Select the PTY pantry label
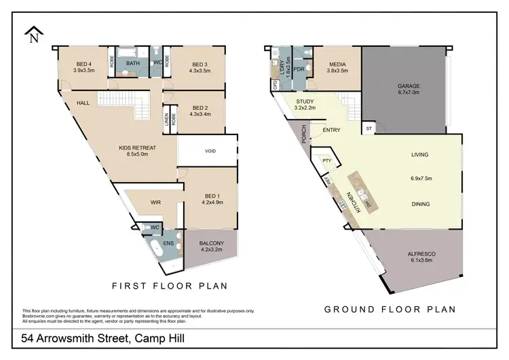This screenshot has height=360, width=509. click(326, 161)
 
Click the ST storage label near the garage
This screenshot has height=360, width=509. click(369, 127)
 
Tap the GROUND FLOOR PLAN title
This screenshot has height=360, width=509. click(390, 309)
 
